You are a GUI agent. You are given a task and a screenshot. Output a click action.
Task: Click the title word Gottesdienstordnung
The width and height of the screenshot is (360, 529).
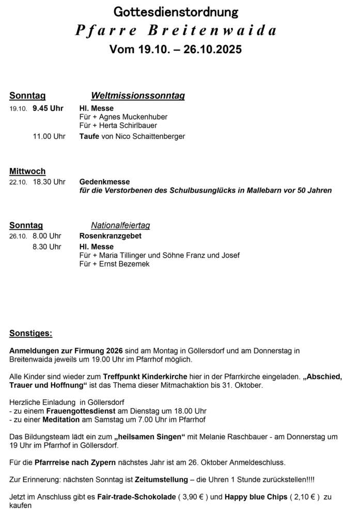click(176, 12)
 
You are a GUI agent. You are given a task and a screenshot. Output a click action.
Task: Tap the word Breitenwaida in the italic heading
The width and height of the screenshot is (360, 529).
click(212, 30)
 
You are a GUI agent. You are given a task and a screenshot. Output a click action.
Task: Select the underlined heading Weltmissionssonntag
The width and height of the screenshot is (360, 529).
click(138, 96)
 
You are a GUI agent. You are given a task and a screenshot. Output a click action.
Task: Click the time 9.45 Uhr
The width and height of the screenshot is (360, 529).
click(48, 108)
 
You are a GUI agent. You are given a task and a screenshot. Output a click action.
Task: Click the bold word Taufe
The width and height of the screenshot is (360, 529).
click(89, 136)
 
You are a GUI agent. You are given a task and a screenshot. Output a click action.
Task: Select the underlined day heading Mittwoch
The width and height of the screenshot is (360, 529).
click(27, 172)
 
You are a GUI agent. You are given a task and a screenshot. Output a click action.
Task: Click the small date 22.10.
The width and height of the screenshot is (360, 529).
click(18, 182)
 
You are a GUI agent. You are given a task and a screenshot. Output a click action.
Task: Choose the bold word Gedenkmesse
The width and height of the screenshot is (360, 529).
click(105, 182)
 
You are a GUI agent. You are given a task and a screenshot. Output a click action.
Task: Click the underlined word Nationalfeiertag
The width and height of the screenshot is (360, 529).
click(120, 226)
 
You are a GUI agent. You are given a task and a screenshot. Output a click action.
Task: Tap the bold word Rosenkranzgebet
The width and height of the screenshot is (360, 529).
click(110, 236)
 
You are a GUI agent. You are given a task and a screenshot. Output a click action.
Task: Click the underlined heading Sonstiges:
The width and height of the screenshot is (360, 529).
click(30, 333)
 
